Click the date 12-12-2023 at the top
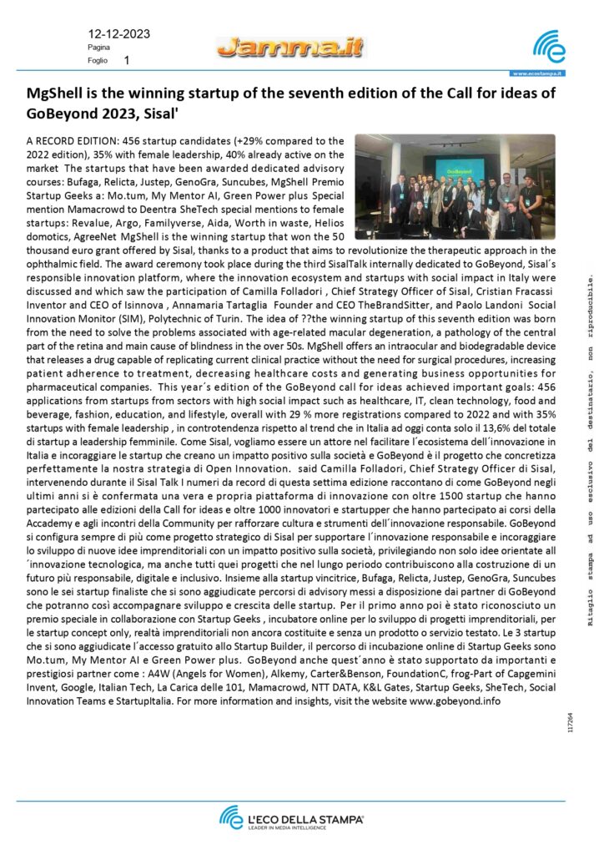[x=118, y=34]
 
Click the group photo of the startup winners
[x=454, y=186]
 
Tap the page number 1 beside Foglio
[x=126, y=61]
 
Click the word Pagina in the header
[x=99, y=48]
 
